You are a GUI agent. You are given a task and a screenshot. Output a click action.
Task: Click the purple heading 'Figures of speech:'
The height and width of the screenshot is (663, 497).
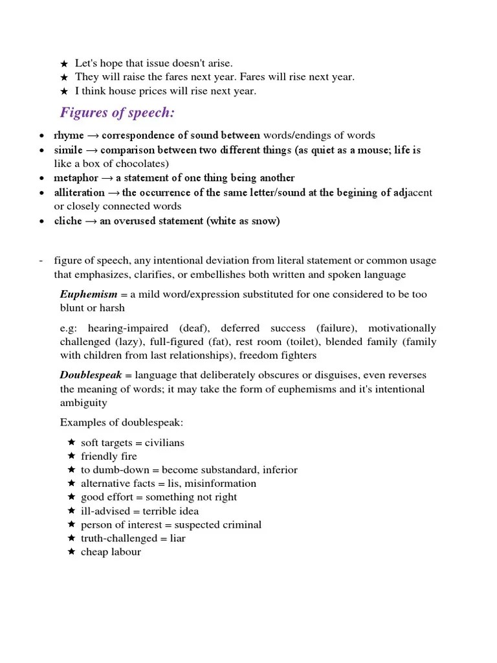[x=117, y=113]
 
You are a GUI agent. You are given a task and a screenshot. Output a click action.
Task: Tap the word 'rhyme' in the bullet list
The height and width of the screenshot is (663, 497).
[x=69, y=135]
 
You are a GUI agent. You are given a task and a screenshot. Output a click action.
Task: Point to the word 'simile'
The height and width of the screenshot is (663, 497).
[x=68, y=150]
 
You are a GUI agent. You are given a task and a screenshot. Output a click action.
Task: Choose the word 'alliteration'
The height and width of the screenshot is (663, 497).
[x=79, y=192]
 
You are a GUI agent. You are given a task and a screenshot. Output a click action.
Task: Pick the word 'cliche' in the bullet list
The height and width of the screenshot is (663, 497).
[x=68, y=221]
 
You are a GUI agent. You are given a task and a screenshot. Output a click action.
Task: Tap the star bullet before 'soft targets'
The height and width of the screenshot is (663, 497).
[x=71, y=442]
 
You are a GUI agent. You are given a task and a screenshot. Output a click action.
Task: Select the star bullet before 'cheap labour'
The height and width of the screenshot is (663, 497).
[x=71, y=552]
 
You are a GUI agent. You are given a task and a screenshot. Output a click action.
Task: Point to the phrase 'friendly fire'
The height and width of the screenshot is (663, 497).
[x=109, y=456]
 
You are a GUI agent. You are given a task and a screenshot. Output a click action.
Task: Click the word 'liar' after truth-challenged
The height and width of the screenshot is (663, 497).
[x=177, y=538]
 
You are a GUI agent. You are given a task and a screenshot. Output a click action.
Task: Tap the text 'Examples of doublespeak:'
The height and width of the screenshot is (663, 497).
[x=122, y=422]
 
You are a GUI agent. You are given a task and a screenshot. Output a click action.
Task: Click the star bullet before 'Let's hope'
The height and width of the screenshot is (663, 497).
[x=63, y=64]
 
